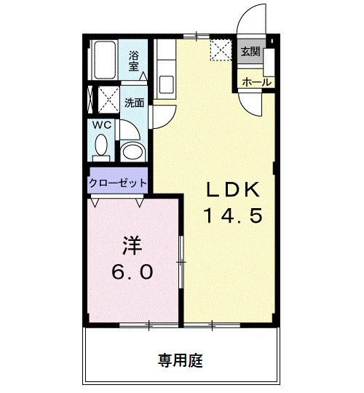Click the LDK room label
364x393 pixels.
click(231, 190)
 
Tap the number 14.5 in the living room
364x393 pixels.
click(231, 215)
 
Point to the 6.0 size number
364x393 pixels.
click(132, 272)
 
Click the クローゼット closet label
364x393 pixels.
click(119, 183)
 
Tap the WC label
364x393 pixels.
click(101, 126)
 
